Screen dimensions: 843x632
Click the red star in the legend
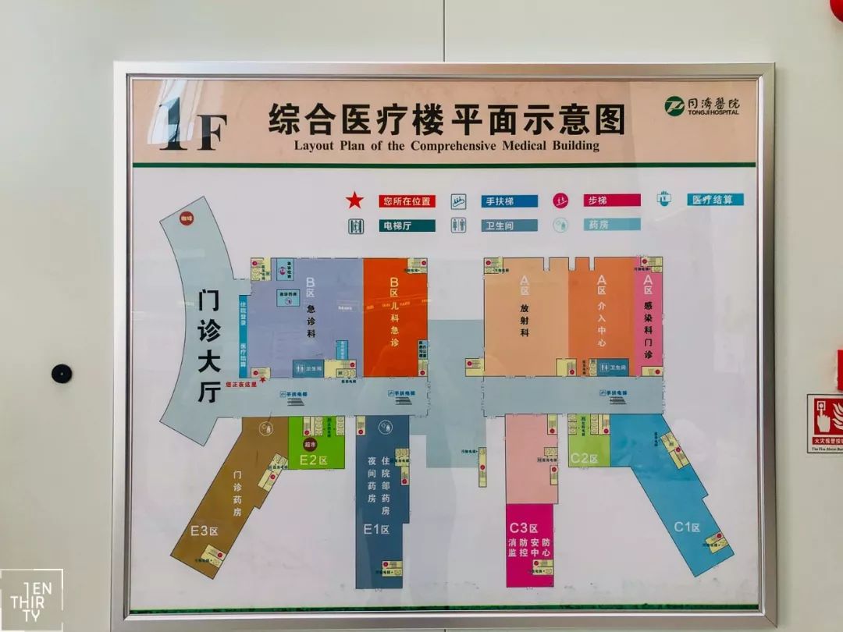354,201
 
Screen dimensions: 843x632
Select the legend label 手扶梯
509,201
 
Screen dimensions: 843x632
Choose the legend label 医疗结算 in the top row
716,200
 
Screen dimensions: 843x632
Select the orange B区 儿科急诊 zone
394,316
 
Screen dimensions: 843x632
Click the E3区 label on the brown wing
205,531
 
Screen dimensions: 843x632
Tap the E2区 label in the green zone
312,460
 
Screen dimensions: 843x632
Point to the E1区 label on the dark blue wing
377,530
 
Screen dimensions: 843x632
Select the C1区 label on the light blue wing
687,527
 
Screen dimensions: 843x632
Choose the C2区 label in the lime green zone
583,458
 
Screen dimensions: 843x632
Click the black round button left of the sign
62,373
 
